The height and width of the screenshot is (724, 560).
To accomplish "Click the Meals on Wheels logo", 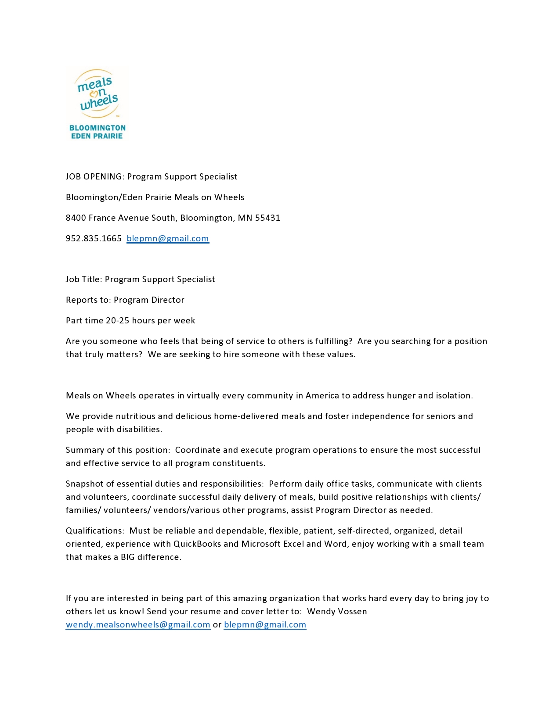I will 97,94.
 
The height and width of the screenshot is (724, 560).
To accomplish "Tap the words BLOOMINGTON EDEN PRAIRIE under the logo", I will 97,132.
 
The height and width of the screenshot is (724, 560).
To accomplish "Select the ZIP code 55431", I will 268,218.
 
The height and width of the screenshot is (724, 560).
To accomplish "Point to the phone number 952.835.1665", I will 94,239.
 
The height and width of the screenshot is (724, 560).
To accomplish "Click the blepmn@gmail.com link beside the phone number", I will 168,239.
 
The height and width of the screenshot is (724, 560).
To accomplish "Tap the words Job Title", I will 83,280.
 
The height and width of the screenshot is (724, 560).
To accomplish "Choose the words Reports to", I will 87,300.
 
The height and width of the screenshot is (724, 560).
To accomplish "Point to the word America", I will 322,396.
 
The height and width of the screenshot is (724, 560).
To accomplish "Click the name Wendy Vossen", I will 337,612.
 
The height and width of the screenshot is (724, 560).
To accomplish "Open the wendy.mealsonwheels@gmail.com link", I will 138,625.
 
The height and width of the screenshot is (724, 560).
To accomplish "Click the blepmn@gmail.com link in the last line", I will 265,625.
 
